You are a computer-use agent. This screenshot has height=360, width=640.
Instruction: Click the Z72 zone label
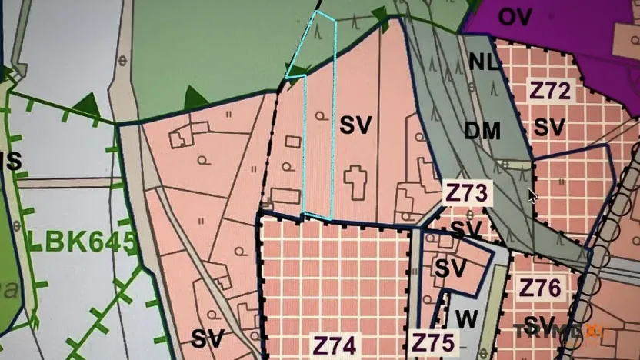pyautogui.click(x=550, y=92)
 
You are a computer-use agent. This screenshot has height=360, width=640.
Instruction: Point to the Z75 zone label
pyautogui.click(x=435, y=343)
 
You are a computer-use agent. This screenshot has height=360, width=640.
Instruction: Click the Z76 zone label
pyautogui.click(x=541, y=287)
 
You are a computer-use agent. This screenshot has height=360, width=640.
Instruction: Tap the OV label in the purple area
pyautogui.click(x=515, y=17)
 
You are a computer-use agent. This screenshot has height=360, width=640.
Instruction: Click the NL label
pyautogui.click(x=484, y=62)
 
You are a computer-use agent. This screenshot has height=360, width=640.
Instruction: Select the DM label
pyautogui.click(x=482, y=131)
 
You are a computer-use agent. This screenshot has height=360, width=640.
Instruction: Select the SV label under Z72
pyautogui.click(x=549, y=127)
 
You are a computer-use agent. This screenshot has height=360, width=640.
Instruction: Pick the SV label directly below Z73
pyautogui.click(x=465, y=228)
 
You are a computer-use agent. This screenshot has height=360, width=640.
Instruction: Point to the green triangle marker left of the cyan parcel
pyautogui.click(x=195, y=98)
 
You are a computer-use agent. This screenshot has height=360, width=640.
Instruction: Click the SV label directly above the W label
pyautogui.click(x=451, y=268)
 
